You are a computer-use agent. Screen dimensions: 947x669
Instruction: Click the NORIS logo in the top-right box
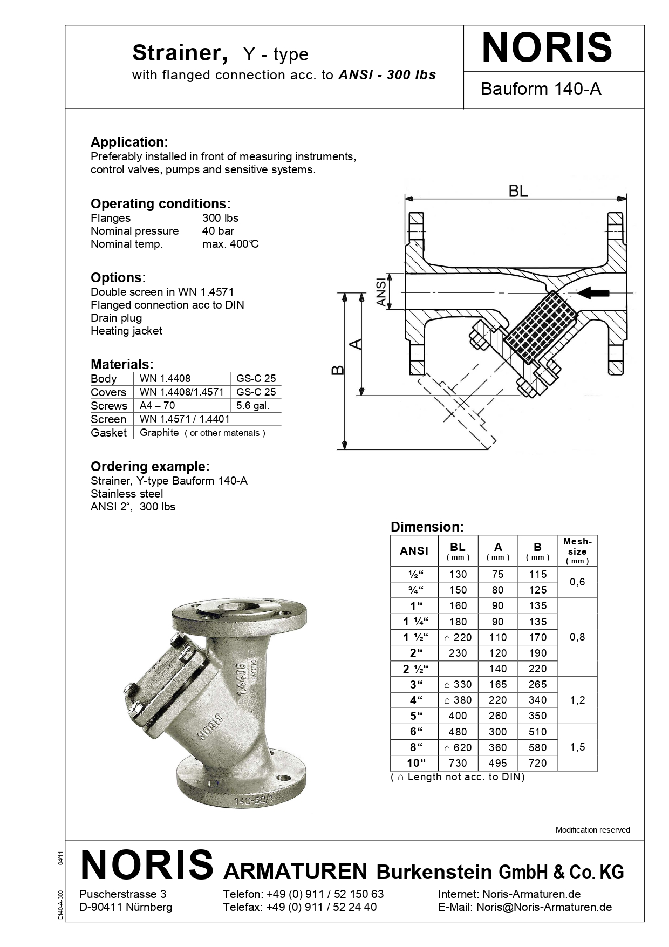coord(547,49)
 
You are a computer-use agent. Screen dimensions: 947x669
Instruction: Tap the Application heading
coord(129,142)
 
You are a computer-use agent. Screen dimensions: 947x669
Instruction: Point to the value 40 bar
coord(218,231)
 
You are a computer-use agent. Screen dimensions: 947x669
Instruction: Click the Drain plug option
coord(116,318)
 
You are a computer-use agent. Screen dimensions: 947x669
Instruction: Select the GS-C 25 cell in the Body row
coord(256,378)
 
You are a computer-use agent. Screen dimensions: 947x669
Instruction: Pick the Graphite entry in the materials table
coord(159,433)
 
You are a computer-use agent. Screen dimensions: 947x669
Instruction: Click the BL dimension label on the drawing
coord(518,191)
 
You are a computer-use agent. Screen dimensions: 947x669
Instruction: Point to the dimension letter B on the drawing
coord(338,370)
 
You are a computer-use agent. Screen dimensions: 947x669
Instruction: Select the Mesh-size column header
coord(577,550)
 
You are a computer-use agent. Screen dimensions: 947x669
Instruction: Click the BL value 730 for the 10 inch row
coord(458,763)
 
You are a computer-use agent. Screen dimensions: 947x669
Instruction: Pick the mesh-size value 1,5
coord(577,747)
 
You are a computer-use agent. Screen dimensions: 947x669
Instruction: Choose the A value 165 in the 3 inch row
coord(497,684)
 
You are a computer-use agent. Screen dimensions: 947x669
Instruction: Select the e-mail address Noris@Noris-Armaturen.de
coord(544,907)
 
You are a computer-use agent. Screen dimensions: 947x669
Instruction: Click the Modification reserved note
coord(592,830)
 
